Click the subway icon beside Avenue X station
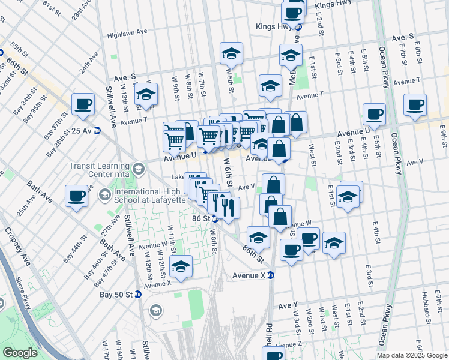(271, 276)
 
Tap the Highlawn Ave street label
(127, 35)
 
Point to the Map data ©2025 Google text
(411, 355)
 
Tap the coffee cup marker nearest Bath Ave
(77, 196)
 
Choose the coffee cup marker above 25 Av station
(83, 104)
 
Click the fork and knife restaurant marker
(228, 208)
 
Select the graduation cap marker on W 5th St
(231, 54)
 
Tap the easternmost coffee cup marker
(415, 104)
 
